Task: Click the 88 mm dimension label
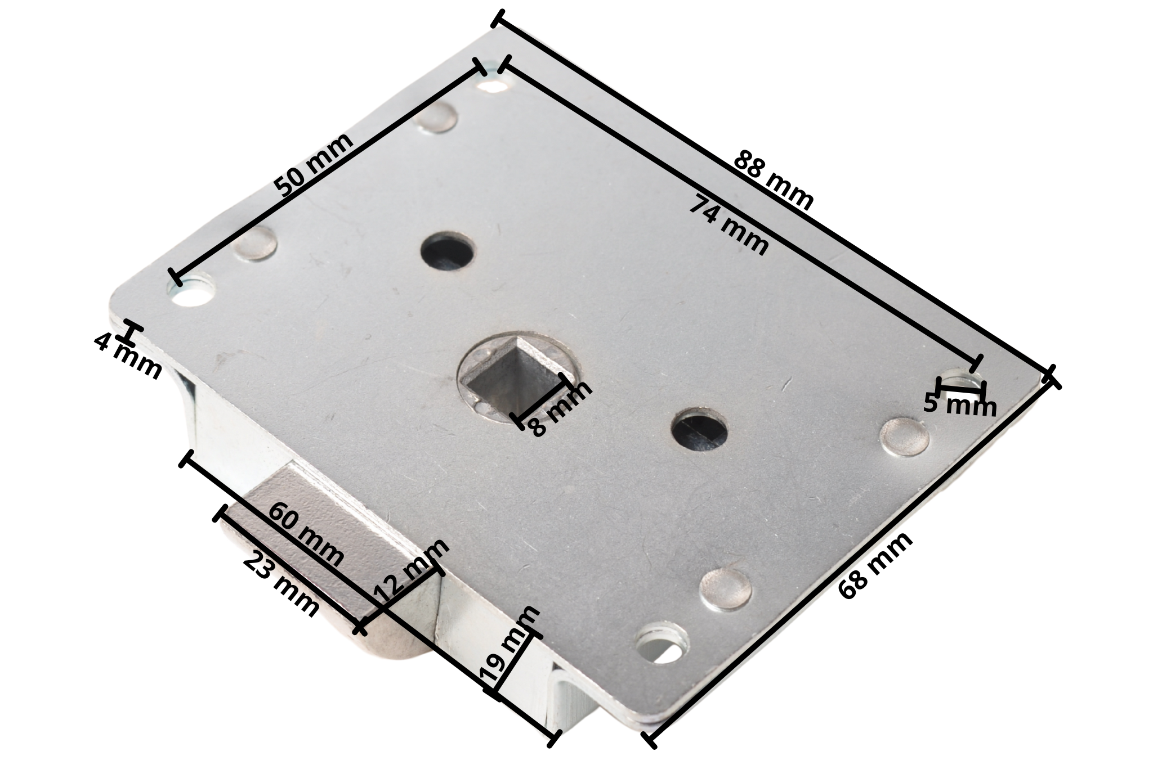[x=774, y=181]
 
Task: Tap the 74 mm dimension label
[x=729, y=224]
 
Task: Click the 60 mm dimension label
[x=306, y=535]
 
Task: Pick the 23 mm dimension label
[x=281, y=584]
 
